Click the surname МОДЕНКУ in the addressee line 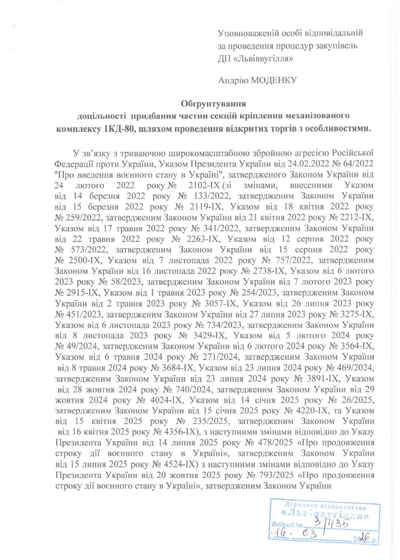274,80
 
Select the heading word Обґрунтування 213,104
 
